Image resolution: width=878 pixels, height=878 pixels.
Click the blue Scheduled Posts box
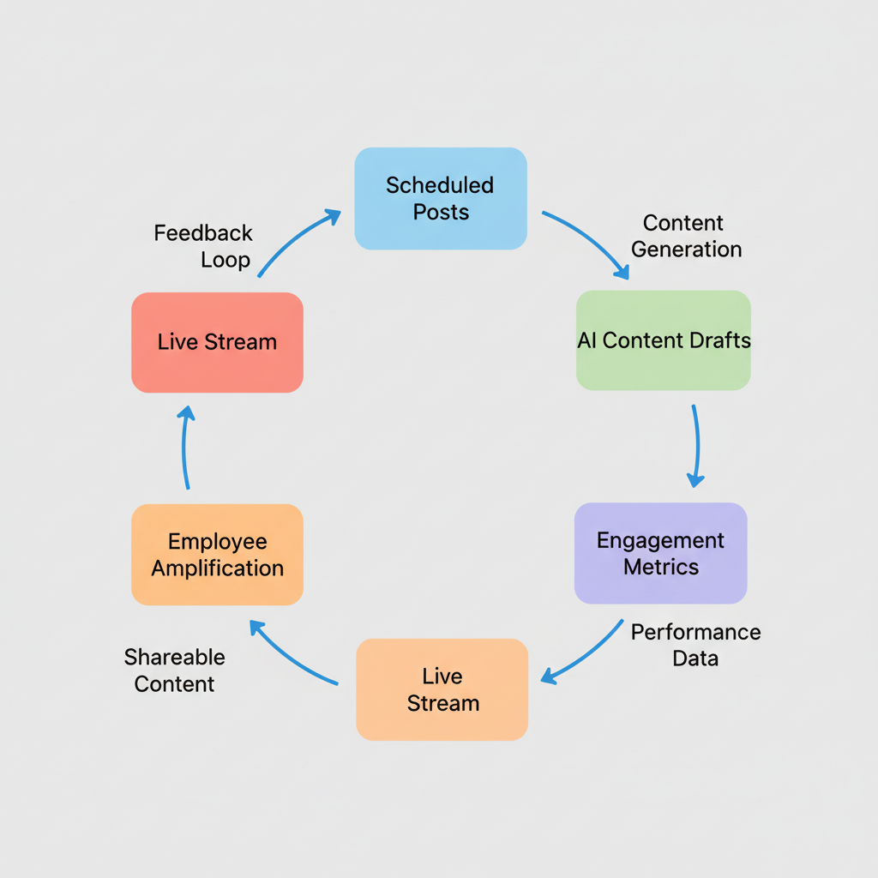click(441, 198)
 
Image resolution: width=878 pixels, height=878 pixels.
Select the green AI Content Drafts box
click(664, 340)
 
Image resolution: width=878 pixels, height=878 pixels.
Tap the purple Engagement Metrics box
click(660, 553)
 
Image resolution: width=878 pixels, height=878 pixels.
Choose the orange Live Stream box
click(442, 689)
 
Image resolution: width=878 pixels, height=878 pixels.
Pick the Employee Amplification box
click(217, 555)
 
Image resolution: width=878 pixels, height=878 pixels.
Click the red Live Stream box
click(217, 342)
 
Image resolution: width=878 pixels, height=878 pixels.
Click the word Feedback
click(203, 233)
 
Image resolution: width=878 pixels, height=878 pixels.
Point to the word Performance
click(695, 633)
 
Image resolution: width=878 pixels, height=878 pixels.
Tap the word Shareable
click(174, 658)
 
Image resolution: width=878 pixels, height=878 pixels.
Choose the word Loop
click(226, 260)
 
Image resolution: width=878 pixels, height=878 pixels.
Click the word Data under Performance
click(695, 658)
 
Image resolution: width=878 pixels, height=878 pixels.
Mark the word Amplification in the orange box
click(217, 568)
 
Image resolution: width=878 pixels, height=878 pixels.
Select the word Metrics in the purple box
click(660, 567)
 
